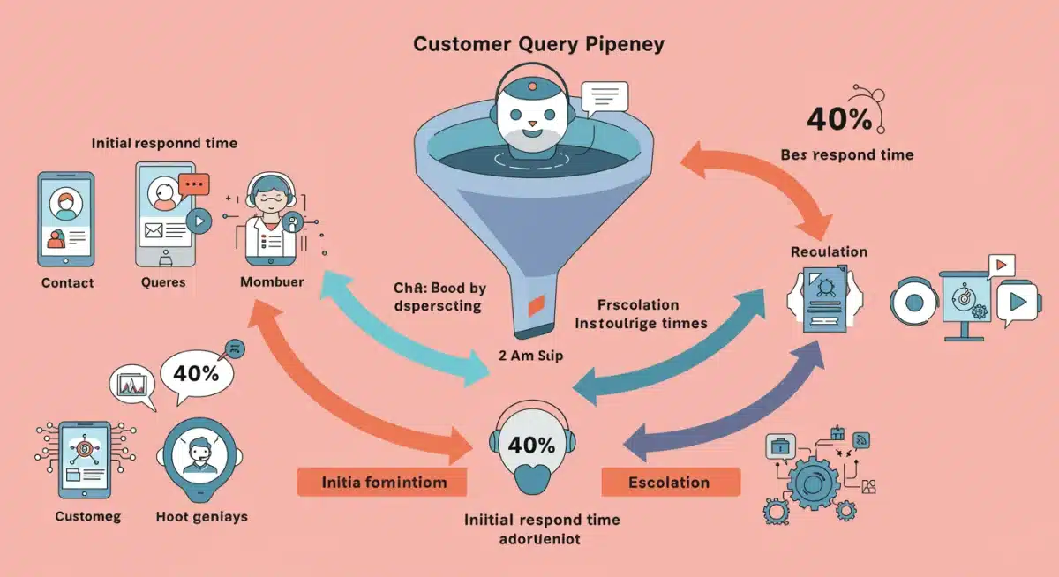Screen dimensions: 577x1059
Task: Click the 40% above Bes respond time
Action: point(839,118)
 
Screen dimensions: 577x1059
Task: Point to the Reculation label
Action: point(829,252)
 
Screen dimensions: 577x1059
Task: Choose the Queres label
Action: point(163,283)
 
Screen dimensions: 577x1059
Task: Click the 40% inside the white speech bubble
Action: point(196,373)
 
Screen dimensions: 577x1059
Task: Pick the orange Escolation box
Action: point(669,483)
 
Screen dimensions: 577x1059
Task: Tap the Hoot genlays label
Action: point(201,516)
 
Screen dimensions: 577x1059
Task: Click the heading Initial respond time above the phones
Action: point(164,143)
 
